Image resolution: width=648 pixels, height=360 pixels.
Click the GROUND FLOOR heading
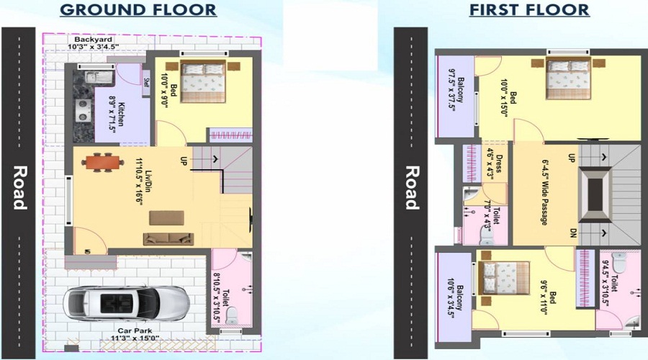click(138, 10)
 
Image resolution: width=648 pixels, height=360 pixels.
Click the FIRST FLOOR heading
click(528, 10)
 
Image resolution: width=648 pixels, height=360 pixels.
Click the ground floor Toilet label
click(221, 287)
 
